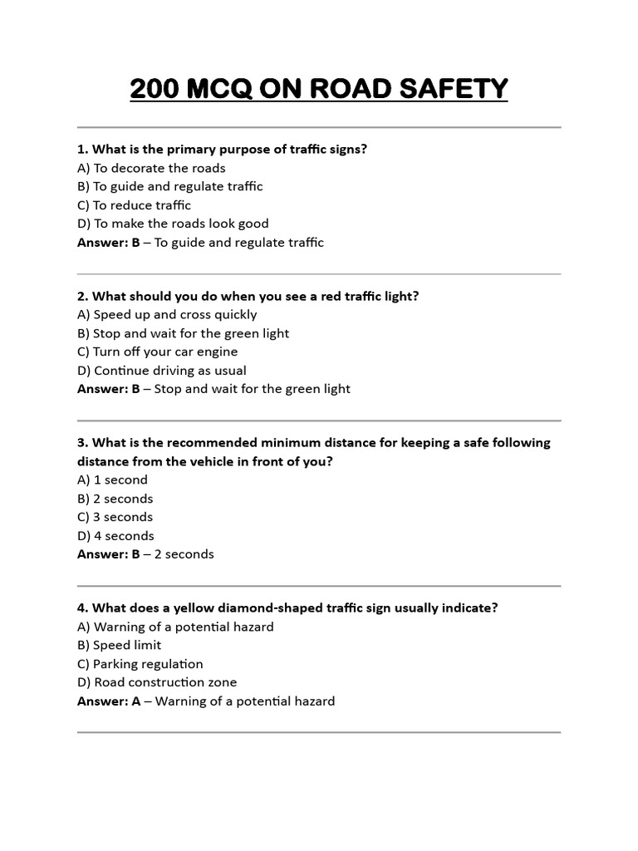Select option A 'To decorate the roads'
pyautogui.click(x=151, y=168)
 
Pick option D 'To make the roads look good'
pyautogui.click(x=173, y=224)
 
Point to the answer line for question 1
pyautogui.click(x=200, y=243)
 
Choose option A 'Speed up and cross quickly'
pyautogui.click(x=167, y=314)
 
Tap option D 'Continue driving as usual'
pyautogui.click(x=162, y=371)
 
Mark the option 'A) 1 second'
pyautogui.click(x=112, y=480)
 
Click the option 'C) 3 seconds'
pyautogui.click(x=115, y=517)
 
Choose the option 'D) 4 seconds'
pyautogui.click(x=115, y=536)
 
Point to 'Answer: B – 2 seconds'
pyautogui.click(x=145, y=554)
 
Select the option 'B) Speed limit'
pyautogui.click(x=119, y=645)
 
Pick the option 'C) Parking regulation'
pyautogui.click(x=140, y=664)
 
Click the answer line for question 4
pyautogui.click(x=206, y=701)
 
